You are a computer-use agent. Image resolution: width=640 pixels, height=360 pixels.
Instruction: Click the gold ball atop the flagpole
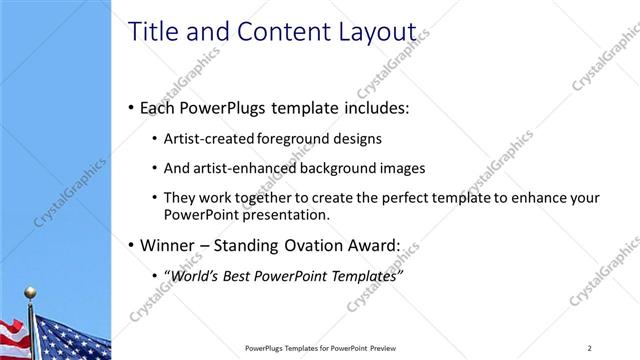point(30,292)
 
